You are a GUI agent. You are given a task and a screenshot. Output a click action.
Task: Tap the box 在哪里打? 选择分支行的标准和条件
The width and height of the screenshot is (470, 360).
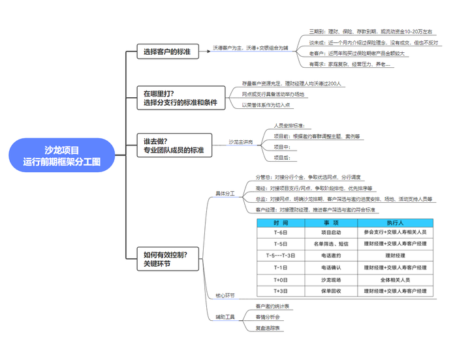tap(179, 98)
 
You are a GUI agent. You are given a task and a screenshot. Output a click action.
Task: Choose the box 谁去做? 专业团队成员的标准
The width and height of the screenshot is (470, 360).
tap(174, 145)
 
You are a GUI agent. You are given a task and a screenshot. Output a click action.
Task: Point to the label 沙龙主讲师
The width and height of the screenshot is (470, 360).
tap(241, 141)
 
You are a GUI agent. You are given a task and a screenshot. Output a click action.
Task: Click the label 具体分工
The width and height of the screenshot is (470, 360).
tap(225, 193)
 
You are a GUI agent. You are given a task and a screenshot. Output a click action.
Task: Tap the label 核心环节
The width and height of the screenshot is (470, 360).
tap(225, 295)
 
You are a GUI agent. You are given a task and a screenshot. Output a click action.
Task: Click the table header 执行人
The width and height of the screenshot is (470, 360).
tap(395, 223)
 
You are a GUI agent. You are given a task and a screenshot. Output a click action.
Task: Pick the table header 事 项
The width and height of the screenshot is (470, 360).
tap(330, 223)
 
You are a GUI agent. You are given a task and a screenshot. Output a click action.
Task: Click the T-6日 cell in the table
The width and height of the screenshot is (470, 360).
tap(281, 232)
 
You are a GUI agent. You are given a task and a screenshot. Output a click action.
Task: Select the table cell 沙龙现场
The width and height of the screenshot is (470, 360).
tap(330, 279)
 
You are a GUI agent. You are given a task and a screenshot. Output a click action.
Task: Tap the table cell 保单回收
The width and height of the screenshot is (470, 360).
tap(330, 291)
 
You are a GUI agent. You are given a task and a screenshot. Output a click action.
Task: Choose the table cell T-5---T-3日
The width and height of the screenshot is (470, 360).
tap(281, 255)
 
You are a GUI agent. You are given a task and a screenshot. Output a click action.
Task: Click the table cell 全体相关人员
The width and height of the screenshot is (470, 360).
tap(395, 279)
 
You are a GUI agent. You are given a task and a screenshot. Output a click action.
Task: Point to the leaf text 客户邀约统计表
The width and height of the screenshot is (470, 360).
tap(273, 305)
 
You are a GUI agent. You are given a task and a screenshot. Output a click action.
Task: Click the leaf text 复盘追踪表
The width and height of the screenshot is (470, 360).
tap(268, 328)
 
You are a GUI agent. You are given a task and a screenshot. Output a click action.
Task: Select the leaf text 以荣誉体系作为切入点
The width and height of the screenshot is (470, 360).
tap(266, 104)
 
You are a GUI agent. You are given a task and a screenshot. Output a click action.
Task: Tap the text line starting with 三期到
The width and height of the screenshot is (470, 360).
tap(370, 31)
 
